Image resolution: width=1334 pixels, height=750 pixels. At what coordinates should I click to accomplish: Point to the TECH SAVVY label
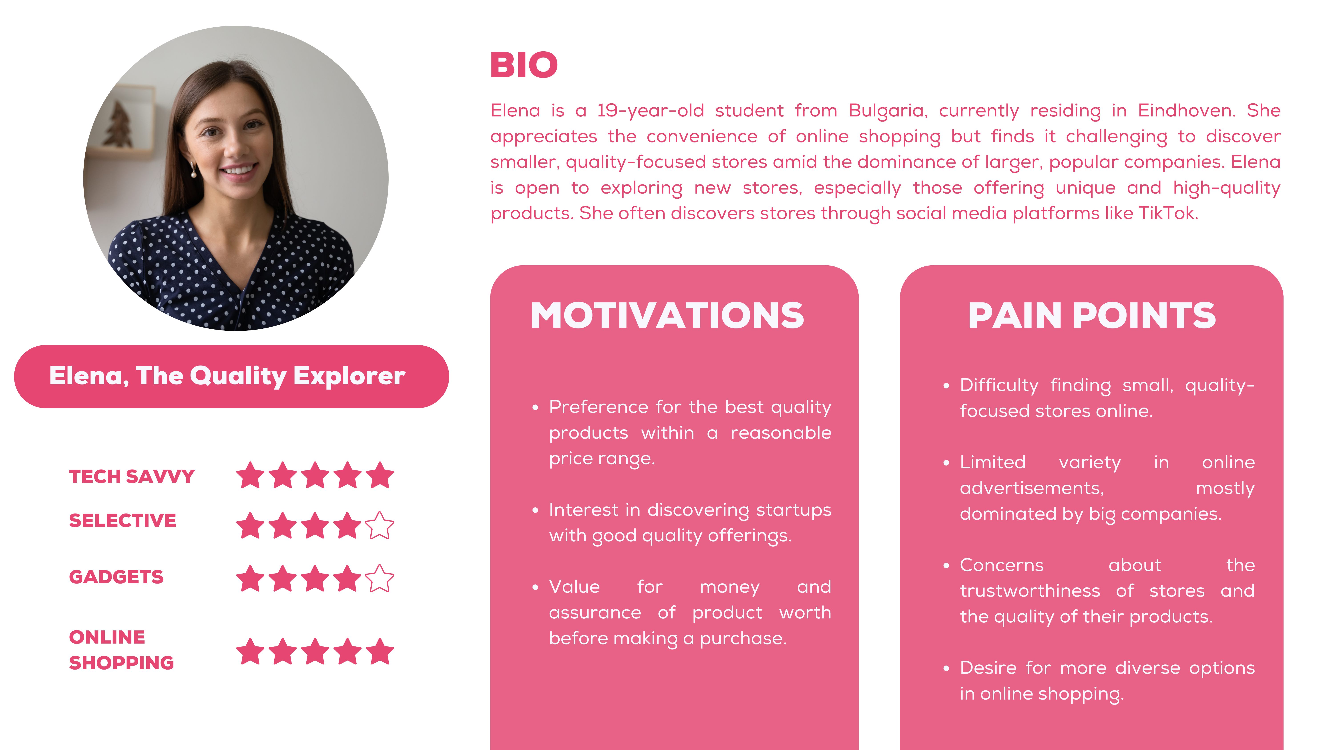point(132,476)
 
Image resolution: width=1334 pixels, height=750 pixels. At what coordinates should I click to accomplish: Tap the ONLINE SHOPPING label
point(121,650)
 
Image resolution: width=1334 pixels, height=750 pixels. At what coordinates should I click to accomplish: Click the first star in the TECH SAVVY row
point(251,475)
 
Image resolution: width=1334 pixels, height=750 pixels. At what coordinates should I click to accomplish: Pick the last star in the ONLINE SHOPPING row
point(380,651)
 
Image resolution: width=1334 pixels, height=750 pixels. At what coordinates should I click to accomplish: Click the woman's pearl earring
point(194,172)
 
